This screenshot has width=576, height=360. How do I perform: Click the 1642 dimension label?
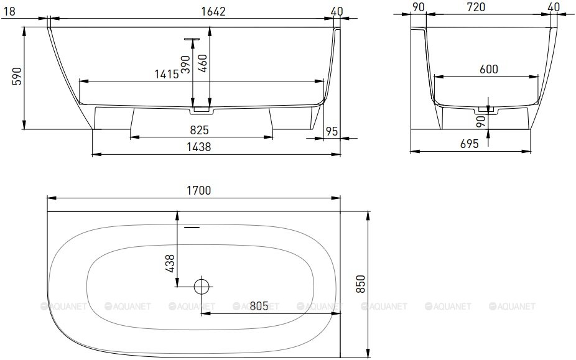tap(213, 11)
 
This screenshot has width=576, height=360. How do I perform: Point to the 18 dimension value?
tap(9, 11)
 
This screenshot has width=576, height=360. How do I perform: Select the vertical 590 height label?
tap(17, 76)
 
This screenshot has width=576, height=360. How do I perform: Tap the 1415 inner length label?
tap(167, 74)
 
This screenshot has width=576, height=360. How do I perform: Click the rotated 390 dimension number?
tap(186, 64)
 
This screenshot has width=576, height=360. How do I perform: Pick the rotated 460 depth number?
tap(202, 63)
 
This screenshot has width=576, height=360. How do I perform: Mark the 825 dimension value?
tap(199, 130)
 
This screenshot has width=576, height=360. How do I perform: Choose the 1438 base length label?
tap(198, 147)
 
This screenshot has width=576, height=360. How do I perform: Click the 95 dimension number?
tap(332, 131)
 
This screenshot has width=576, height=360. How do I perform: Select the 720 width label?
tap(476, 7)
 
